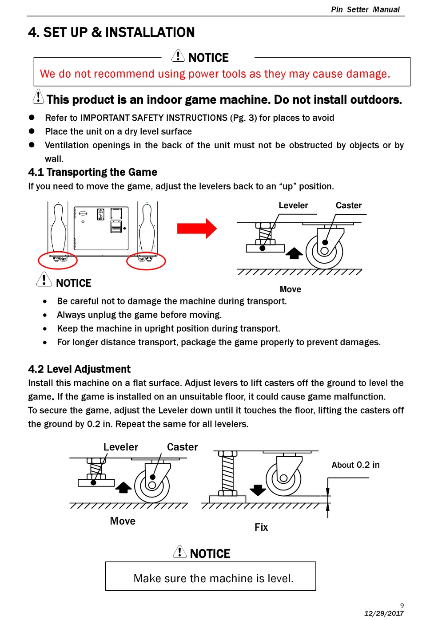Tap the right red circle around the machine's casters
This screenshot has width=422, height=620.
(x=146, y=261)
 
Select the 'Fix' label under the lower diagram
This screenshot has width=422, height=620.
(x=261, y=527)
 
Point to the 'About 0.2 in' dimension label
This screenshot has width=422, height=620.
(x=355, y=465)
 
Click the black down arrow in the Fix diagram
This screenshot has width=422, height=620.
(x=258, y=490)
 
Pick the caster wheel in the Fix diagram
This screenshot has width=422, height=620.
(x=283, y=478)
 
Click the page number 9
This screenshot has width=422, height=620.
(x=402, y=605)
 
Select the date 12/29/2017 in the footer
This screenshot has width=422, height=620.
(x=384, y=613)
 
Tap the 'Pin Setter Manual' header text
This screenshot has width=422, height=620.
(x=365, y=9)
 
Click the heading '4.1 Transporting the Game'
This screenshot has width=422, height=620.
(x=92, y=172)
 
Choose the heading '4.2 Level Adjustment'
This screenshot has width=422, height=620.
(x=79, y=369)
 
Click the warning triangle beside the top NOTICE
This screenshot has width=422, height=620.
(x=178, y=56)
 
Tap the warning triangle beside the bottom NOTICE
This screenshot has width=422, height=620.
(x=179, y=552)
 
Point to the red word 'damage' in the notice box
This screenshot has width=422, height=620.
(x=366, y=74)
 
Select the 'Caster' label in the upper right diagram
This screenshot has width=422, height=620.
(x=349, y=205)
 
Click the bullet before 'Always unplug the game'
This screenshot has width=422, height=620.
(x=45, y=315)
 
